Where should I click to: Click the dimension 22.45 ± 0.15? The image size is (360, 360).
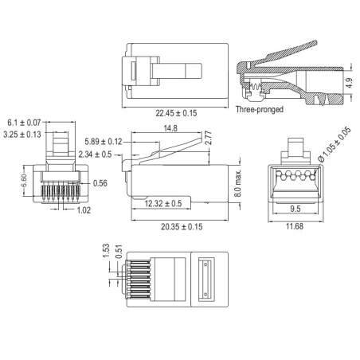(x=177, y=112)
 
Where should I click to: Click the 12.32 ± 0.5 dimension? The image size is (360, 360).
(x=163, y=204)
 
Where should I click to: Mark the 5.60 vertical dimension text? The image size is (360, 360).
(x=26, y=182)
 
